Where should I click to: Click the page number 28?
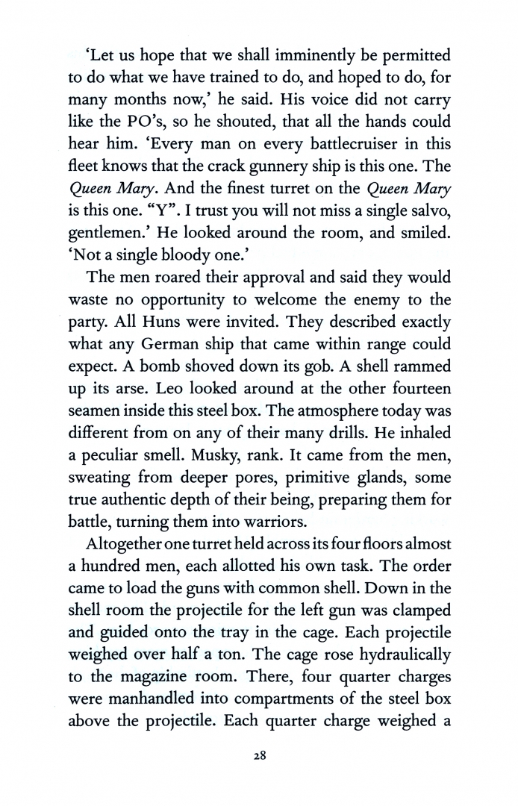(x=259, y=755)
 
